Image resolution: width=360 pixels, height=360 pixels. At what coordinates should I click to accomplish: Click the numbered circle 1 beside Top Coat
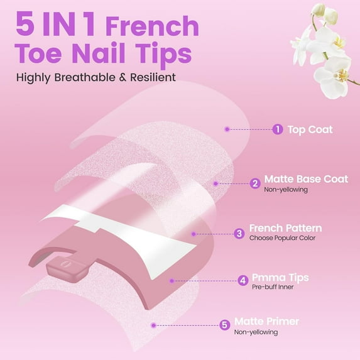[277, 129]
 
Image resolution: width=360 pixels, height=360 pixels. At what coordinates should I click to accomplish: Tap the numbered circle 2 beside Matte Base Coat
[254, 183]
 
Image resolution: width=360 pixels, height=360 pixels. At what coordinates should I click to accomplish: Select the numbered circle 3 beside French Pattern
[239, 233]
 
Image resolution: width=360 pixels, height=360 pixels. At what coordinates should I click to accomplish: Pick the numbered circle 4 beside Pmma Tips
[243, 281]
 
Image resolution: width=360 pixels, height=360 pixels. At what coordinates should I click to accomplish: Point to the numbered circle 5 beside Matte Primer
[224, 325]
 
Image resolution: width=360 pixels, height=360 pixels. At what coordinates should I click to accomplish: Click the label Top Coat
[310, 129]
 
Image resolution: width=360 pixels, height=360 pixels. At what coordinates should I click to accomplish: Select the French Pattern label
[285, 228]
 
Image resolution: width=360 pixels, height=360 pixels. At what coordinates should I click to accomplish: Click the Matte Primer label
[266, 321]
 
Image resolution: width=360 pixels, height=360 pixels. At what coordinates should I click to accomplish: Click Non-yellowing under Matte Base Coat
[285, 189]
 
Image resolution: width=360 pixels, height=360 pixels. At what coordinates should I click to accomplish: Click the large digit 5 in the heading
[26, 26]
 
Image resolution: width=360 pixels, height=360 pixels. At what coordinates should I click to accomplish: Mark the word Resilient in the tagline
[151, 78]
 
